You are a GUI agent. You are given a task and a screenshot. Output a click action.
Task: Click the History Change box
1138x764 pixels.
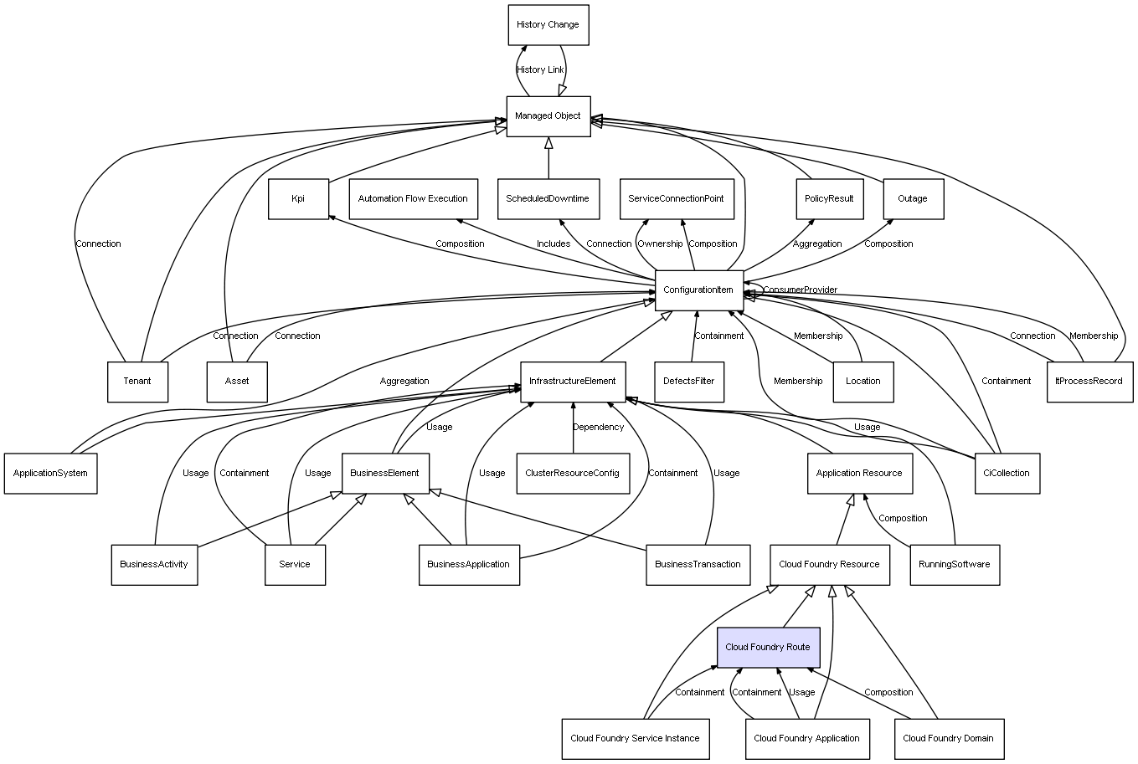click(x=548, y=25)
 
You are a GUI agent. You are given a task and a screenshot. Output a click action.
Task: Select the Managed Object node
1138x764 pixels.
click(x=548, y=116)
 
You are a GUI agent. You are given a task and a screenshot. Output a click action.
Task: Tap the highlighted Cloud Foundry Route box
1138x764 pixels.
click(x=767, y=648)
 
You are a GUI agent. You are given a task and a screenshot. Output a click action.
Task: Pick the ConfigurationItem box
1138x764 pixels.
click(x=698, y=290)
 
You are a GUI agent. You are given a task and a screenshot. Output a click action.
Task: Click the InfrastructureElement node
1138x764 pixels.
click(x=573, y=382)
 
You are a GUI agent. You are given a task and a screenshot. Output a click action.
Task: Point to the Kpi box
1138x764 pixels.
click(x=298, y=199)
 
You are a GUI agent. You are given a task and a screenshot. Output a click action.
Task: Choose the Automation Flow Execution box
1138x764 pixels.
click(x=413, y=199)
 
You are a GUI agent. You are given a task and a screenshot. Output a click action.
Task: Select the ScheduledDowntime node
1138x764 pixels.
click(x=548, y=199)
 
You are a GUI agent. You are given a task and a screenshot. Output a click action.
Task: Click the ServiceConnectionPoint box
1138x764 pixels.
click(x=677, y=199)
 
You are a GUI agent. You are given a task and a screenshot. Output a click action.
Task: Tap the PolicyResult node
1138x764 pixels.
click(x=829, y=199)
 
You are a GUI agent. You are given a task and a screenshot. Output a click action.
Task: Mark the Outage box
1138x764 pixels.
click(x=913, y=199)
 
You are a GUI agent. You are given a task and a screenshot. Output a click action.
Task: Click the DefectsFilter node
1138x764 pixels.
click(x=688, y=382)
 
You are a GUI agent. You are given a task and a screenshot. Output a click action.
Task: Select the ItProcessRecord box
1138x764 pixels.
click(x=1089, y=382)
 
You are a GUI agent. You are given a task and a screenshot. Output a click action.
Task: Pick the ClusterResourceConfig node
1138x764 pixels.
click(x=573, y=474)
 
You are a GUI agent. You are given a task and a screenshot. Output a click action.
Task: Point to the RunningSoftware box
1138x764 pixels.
click(x=954, y=565)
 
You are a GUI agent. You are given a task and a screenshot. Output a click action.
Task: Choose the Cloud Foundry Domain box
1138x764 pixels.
click(x=949, y=739)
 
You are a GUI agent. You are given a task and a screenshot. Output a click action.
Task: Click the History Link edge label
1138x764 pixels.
click(x=540, y=70)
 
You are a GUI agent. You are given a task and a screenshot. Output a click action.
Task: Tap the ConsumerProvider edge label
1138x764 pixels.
click(x=800, y=290)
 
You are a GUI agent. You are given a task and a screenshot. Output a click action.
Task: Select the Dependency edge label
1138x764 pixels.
click(x=598, y=428)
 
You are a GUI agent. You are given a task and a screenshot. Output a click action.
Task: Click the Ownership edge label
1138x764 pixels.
click(x=660, y=244)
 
